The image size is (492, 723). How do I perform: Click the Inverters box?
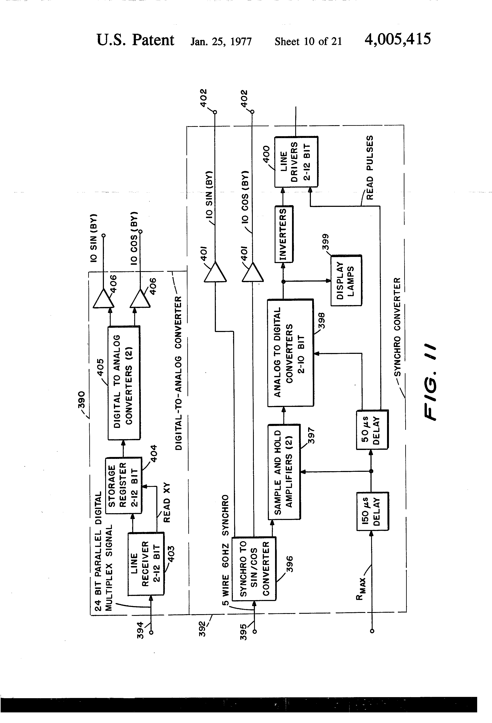284,234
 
